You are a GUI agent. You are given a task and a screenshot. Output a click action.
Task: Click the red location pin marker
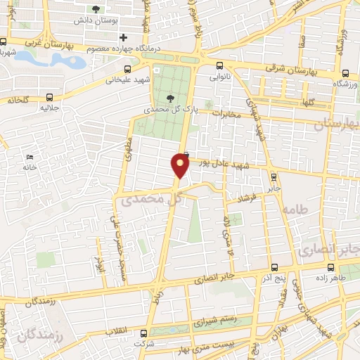[x=180, y=166]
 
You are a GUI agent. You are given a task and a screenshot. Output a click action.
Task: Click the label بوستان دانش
[x=96, y=22]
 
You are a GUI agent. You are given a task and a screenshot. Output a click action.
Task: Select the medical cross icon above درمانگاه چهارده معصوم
[x=124, y=37]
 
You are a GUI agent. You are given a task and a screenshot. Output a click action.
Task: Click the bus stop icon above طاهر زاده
[x=332, y=266]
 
